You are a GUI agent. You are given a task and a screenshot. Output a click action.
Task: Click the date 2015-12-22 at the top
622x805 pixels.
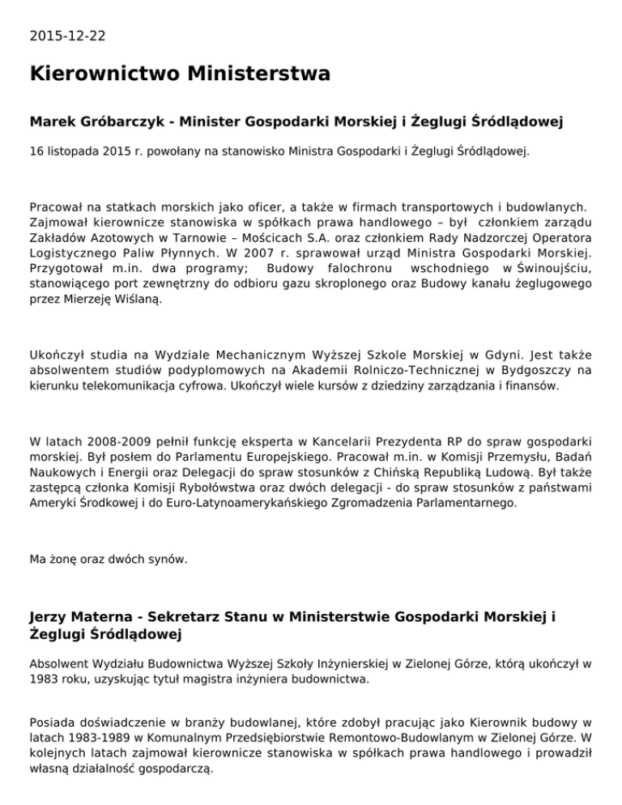(x=66, y=36)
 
